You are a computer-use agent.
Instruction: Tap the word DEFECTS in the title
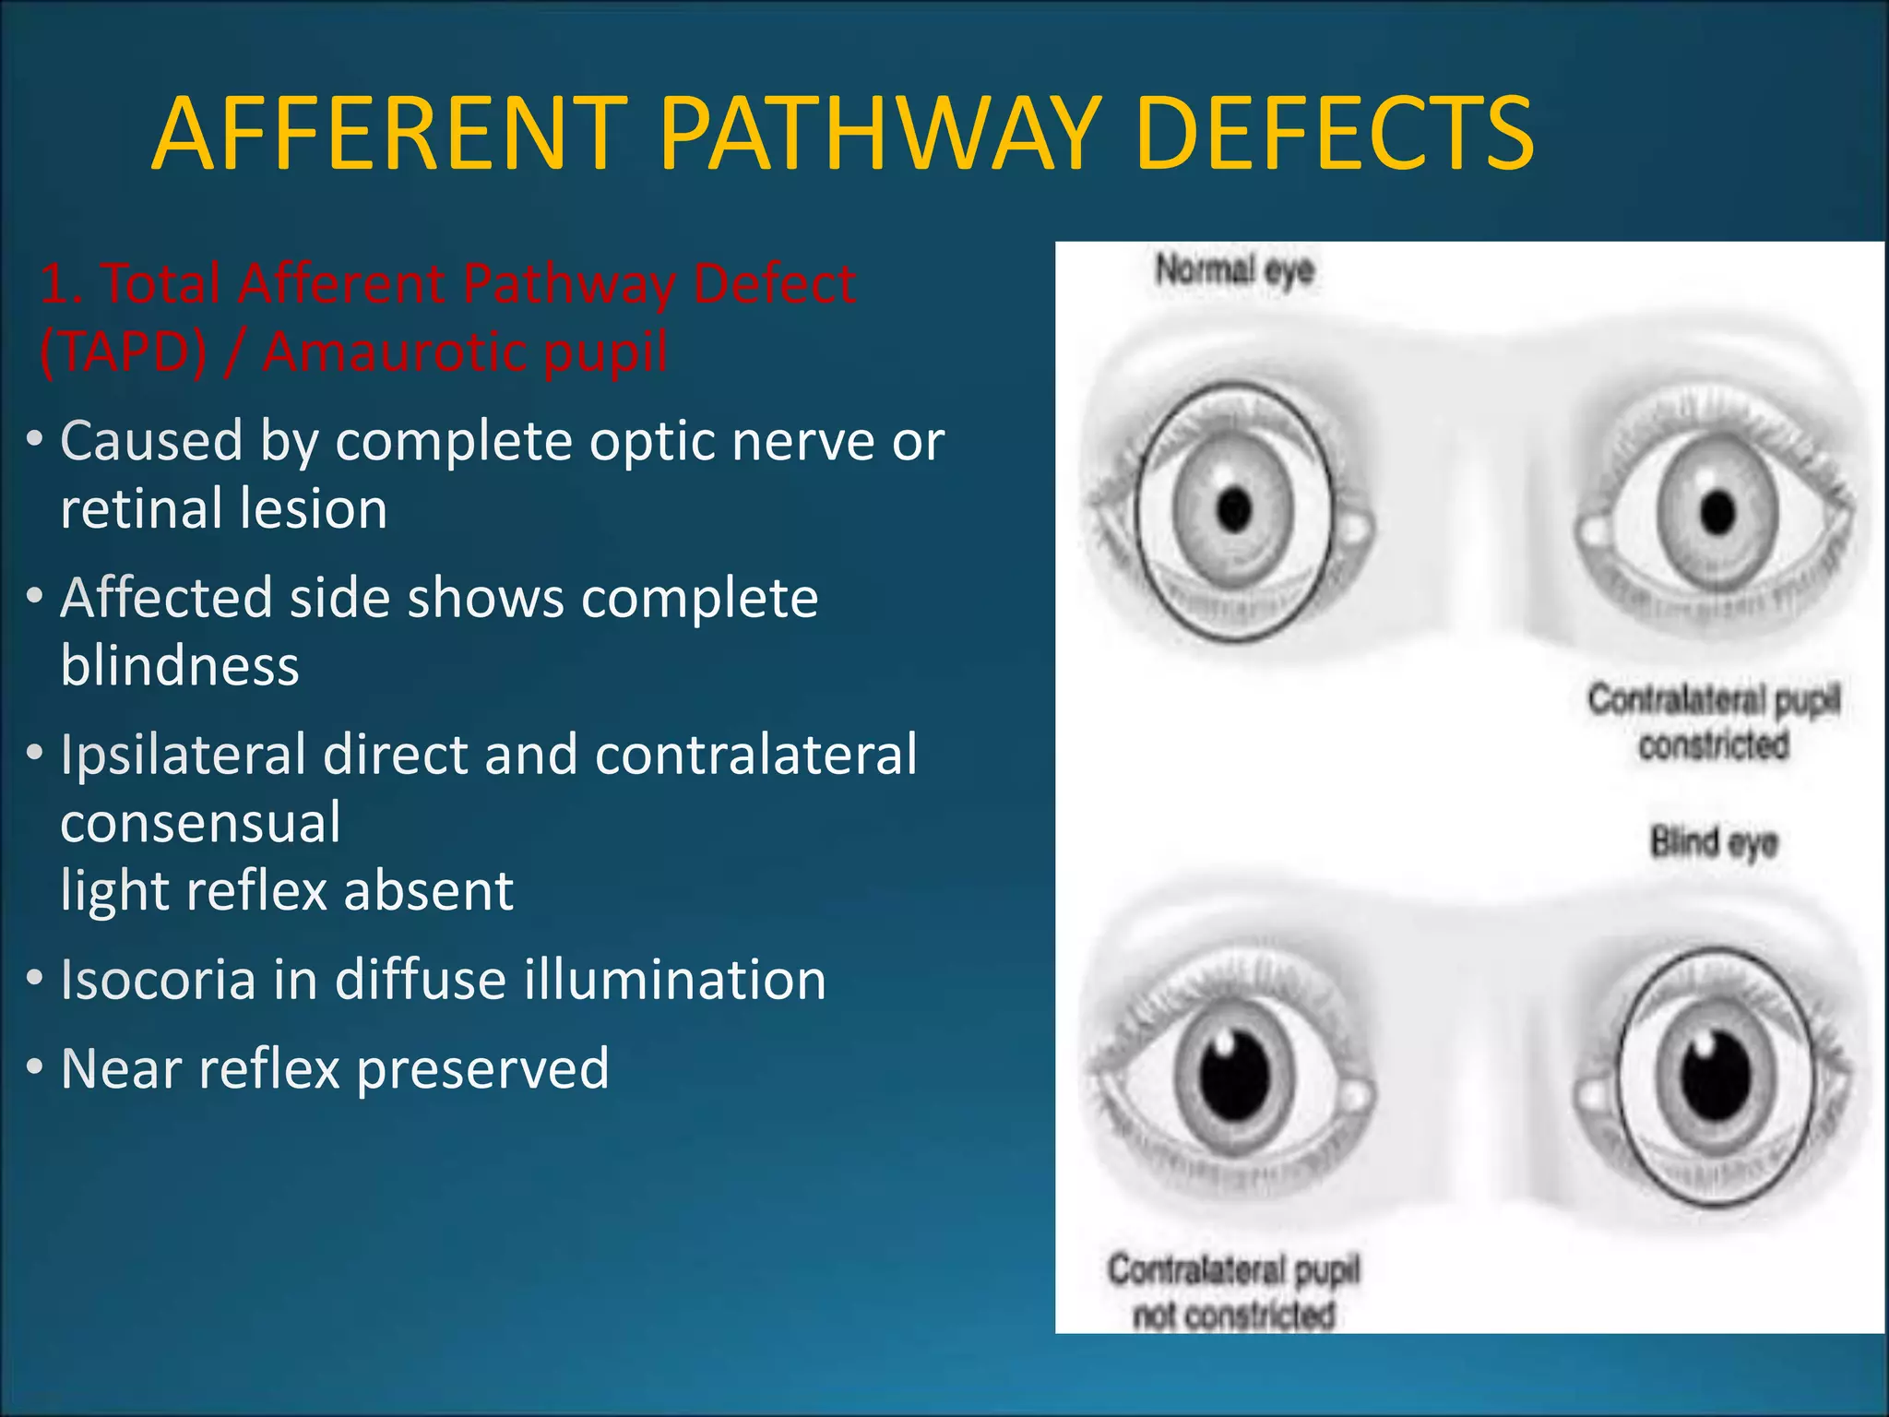1335,135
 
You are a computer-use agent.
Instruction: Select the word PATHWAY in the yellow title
881,135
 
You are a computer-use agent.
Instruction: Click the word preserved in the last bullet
482,1068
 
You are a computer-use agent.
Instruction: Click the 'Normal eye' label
1234,270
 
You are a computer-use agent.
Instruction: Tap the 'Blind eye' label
1714,842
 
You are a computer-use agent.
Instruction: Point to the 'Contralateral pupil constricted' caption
1714,722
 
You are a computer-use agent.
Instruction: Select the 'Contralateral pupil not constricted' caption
1234,1292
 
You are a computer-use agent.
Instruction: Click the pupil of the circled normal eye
1234,508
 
